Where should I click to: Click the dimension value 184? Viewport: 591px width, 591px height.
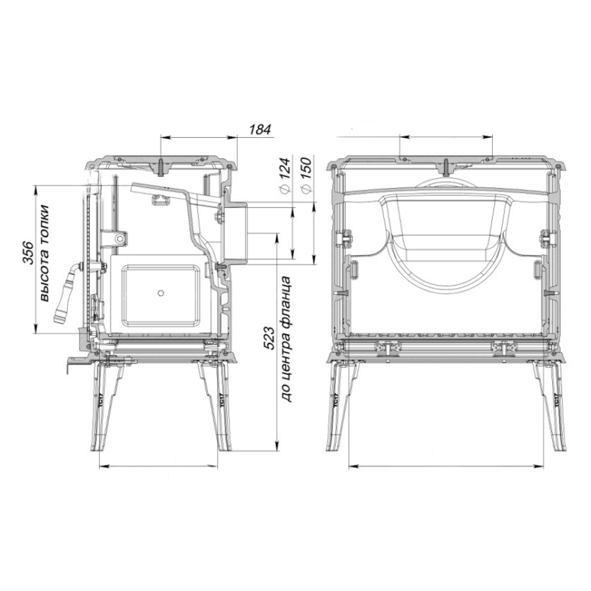point(260,129)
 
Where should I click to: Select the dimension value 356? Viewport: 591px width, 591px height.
point(29,252)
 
